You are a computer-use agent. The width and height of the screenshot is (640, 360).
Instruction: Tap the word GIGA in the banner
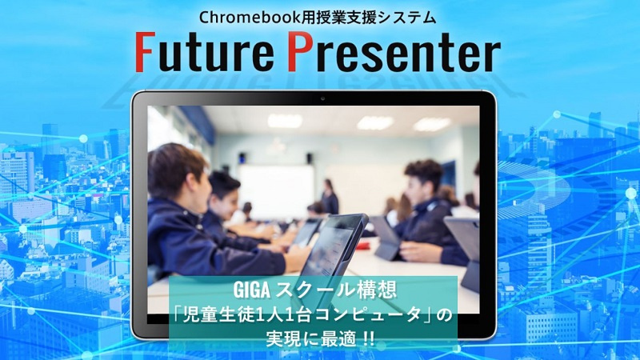[251, 290]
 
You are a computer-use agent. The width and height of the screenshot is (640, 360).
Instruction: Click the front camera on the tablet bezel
[322, 98]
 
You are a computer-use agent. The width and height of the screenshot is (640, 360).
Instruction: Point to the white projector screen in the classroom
[277, 186]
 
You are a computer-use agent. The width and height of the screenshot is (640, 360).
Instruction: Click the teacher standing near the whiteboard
[330, 197]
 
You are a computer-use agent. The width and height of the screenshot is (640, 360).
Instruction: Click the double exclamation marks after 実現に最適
[369, 339]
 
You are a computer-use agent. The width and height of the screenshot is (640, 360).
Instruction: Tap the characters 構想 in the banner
[378, 290]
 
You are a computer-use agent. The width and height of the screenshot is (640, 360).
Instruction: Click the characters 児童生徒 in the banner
[219, 314]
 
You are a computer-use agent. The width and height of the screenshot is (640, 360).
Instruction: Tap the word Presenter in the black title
[394, 51]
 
